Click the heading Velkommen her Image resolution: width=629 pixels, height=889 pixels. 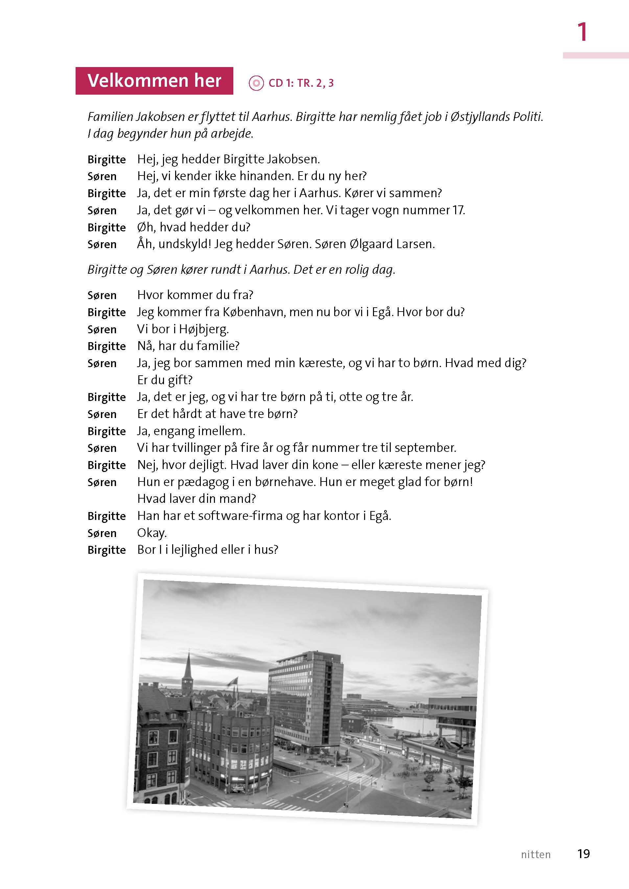(x=154, y=81)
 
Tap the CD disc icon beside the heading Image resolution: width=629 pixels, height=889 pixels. (x=256, y=83)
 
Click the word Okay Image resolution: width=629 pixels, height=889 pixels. (x=152, y=533)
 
